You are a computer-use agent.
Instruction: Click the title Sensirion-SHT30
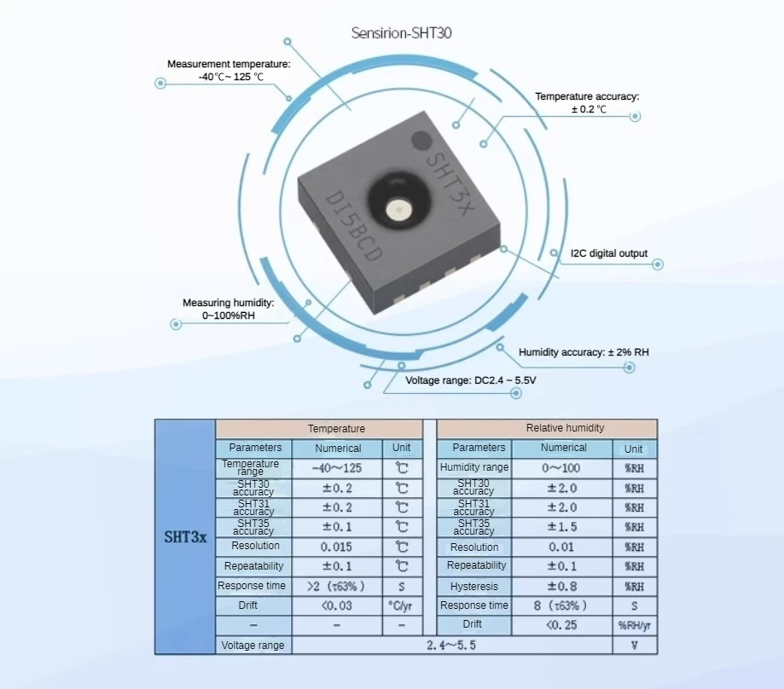click(x=402, y=33)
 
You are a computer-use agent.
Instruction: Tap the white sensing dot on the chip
click(x=398, y=210)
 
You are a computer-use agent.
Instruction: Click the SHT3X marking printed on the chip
click(x=449, y=184)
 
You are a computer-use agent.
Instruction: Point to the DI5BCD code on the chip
click(x=352, y=226)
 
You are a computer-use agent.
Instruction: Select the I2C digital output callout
click(x=609, y=253)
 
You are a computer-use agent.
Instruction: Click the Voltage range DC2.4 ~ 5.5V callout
click(x=471, y=380)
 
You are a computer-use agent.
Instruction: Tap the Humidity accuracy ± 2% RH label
click(x=584, y=352)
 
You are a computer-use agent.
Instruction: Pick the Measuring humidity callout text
click(x=229, y=310)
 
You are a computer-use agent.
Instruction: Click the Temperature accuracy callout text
click(x=588, y=102)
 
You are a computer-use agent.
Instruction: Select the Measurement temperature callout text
click(x=229, y=71)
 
